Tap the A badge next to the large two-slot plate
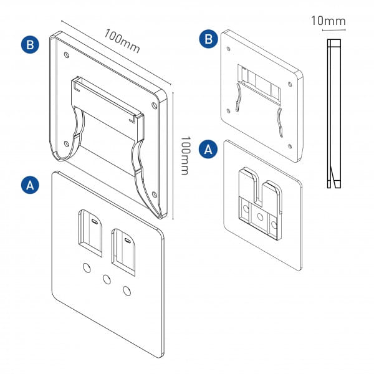pyautogui.click(x=29, y=185)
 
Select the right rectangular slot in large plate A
pyautogui.click(x=123, y=251)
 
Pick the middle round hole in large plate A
pyautogui.click(x=107, y=279)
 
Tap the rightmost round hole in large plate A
pyautogui.click(x=127, y=290)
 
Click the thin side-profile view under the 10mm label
pyautogui.click(x=333, y=112)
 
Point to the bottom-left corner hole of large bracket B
pyautogui.click(x=67, y=144)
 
